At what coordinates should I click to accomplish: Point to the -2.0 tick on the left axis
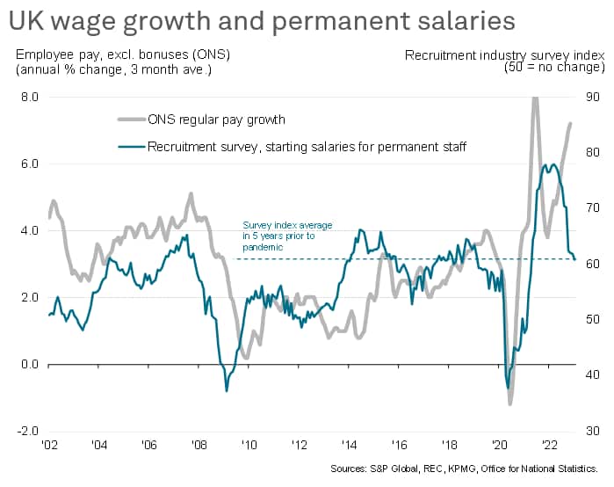point(26,432)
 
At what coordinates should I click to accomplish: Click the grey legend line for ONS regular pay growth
point(130,120)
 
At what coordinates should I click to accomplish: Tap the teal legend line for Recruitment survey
point(130,146)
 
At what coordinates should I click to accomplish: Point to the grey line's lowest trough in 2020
point(509,403)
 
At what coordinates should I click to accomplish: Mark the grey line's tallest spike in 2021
point(535,98)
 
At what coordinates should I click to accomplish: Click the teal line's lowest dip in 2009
point(227,389)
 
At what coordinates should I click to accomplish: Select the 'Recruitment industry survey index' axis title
point(504,55)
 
